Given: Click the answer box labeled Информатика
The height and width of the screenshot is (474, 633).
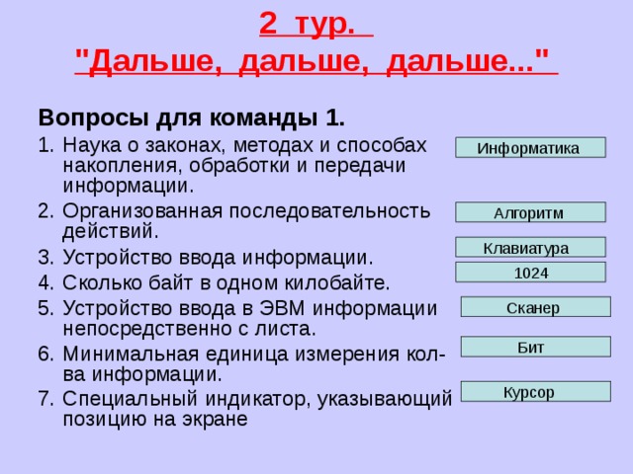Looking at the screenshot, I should pos(529,148).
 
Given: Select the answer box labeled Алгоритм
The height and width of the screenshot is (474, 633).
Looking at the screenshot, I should pos(529,212).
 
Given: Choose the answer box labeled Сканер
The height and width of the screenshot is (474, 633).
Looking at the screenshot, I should pos(535,307).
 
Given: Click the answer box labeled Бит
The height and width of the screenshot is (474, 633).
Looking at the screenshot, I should pos(535,347).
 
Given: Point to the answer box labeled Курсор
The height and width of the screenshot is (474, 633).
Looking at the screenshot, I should pos(535,392).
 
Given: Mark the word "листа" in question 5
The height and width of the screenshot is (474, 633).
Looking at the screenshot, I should pos(283,328).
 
